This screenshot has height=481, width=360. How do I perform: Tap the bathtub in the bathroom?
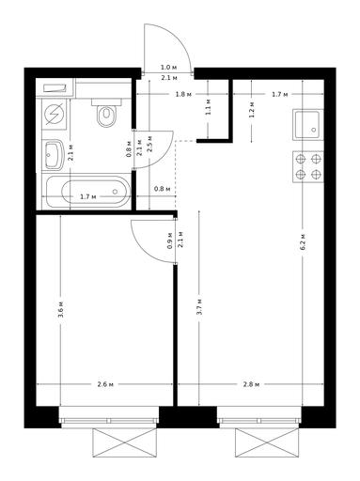tap(88, 192)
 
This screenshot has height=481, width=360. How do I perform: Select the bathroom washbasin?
tap(53, 155)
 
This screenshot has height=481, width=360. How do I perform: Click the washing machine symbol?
tap(54, 115)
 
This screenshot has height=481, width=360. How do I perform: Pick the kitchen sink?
tap(307, 125)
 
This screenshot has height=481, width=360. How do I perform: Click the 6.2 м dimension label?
tap(303, 241)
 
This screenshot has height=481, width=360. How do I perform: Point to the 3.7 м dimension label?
tap(199, 307)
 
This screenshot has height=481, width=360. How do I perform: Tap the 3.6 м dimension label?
tap(61, 309)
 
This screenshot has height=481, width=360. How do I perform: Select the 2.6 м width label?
tap(105, 384)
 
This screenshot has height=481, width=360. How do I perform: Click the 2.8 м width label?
tap(251, 384)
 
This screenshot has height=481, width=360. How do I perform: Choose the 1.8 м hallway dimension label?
tap(183, 94)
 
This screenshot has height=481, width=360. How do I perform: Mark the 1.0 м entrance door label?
tap(169, 68)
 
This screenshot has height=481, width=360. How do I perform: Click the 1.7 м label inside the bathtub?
tap(87, 197)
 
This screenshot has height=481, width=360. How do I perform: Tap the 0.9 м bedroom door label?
tap(170, 240)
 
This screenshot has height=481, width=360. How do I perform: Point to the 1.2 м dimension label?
tap(251, 110)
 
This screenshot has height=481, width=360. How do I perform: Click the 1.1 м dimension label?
tap(209, 107)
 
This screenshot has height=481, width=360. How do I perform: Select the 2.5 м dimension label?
tap(149, 144)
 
